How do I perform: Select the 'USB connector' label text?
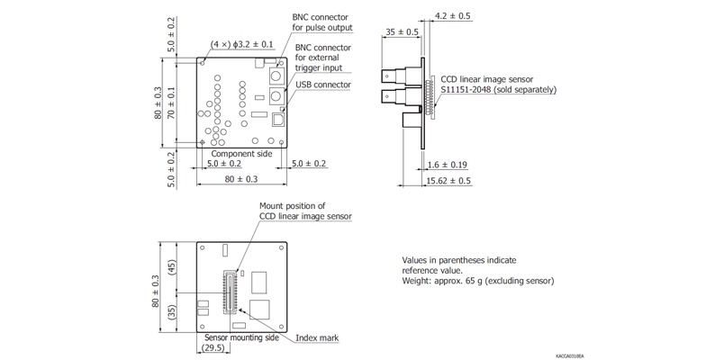(x=322, y=85)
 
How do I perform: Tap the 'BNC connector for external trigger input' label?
(x=322, y=58)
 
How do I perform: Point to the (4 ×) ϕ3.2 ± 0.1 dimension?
(x=242, y=43)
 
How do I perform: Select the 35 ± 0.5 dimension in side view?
(x=402, y=32)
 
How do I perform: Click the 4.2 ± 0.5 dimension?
(x=453, y=16)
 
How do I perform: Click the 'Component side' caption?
(x=241, y=154)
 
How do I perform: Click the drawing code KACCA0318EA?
(x=569, y=355)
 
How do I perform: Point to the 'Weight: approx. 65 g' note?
(x=477, y=281)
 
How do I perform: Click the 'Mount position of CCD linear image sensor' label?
(x=305, y=211)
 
